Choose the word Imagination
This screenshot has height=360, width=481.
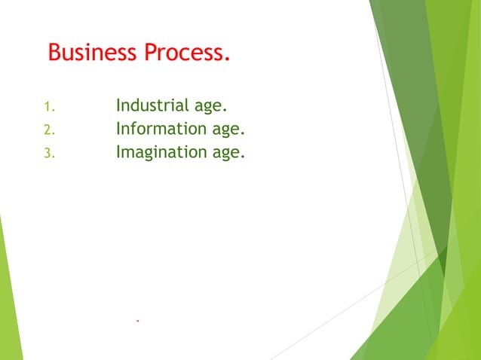tap(159, 153)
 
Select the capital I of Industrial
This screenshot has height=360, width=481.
tap(118, 106)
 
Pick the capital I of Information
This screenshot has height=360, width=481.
tap(118, 130)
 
